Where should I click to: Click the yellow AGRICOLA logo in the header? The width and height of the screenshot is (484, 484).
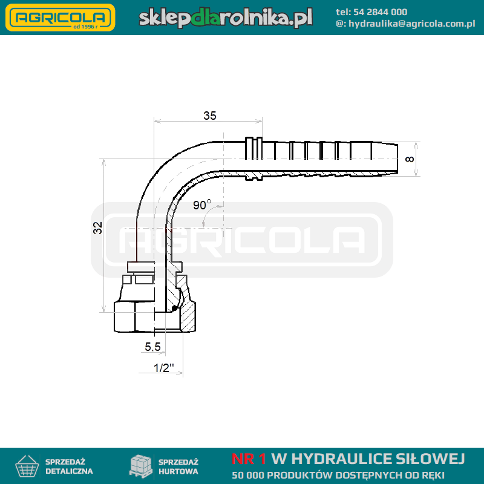tap(60, 18)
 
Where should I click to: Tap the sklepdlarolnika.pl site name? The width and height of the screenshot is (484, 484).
tap(226, 18)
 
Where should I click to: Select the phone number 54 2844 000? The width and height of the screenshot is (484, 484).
tap(380, 12)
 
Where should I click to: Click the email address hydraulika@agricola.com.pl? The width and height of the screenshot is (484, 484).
tap(412, 24)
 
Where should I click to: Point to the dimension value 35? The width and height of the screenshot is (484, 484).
tap(209, 116)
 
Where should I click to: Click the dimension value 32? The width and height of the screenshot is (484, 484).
tap(98, 228)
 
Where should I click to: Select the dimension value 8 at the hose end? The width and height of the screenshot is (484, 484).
tap(410, 159)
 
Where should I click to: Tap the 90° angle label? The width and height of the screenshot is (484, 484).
tap(202, 204)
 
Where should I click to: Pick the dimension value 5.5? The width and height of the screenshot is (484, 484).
tap(153, 347)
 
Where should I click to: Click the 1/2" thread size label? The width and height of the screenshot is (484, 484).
tap(163, 368)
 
